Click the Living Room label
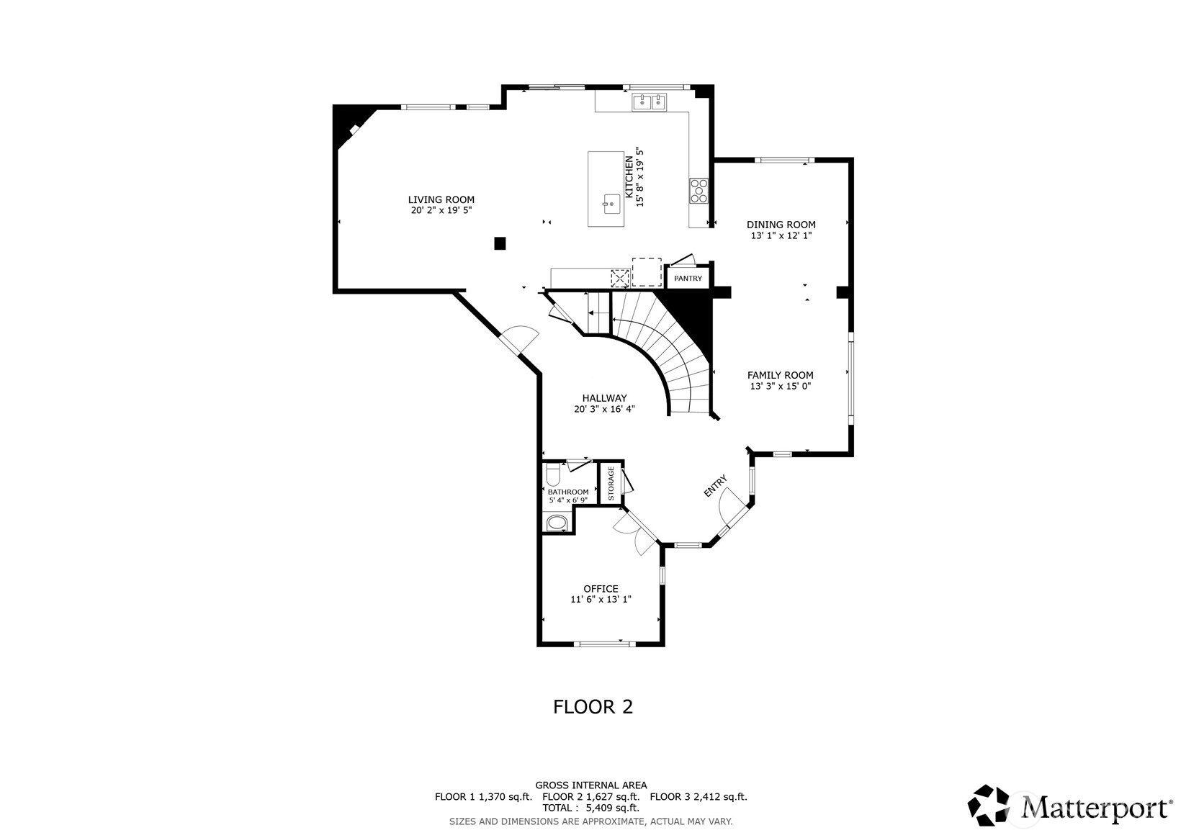pos(441,200)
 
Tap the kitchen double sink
pos(649,103)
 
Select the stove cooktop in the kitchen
pos(698,191)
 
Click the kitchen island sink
pos(611,204)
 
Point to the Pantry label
pos(688,279)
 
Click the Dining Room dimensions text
pos(781,235)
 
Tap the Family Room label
pos(780,375)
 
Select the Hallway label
pos(604,398)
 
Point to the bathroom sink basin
pos(557,523)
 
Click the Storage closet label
pos(611,483)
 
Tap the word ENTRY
pos(715,486)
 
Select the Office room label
pos(601,589)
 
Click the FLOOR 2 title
pos(593,707)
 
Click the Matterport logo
pos(1070,806)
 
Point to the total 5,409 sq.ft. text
pos(590,808)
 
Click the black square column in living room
pos(500,243)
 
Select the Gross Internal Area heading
pos(590,785)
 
